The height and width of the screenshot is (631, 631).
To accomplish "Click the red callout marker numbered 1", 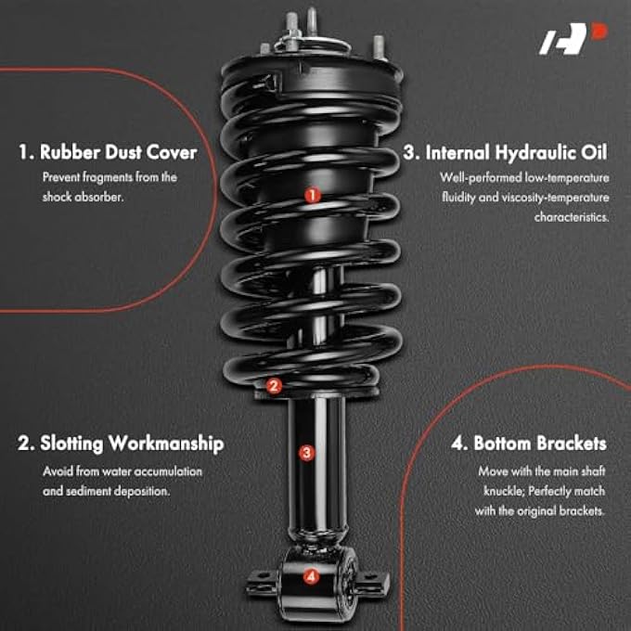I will pyautogui.click(x=313, y=196).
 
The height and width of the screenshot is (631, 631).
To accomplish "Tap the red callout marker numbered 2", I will pyautogui.click(x=273, y=386).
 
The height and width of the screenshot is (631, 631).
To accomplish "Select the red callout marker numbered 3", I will pyautogui.click(x=307, y=453).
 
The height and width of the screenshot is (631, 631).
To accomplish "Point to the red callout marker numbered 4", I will pyautogui.click(x=311, y=577).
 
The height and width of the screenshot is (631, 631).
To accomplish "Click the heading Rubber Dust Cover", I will pyautogui.click(x=107, y=151).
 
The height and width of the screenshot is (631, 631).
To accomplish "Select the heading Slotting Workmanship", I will pyautogui.click(x=121, y=444).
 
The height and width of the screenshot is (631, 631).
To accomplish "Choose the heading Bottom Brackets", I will pyautogui.click(x=529, y=444).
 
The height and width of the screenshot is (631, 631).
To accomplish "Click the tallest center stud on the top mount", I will pyautogui.click(x=312, y=20).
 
